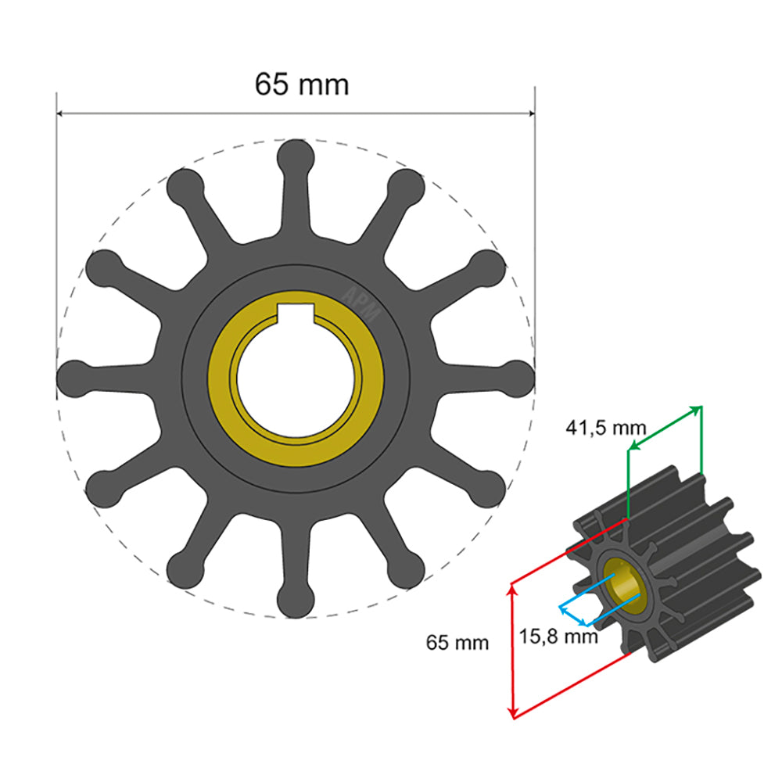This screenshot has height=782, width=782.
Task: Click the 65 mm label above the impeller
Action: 302,84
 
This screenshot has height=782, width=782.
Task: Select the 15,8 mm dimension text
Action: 558,636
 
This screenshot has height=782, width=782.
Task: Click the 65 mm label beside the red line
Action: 457,643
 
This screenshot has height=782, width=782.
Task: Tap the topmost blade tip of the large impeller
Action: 296,156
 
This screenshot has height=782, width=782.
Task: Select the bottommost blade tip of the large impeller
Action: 296,602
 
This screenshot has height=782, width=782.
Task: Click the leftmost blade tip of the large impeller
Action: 75,378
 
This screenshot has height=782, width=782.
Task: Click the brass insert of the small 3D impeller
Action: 626,588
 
